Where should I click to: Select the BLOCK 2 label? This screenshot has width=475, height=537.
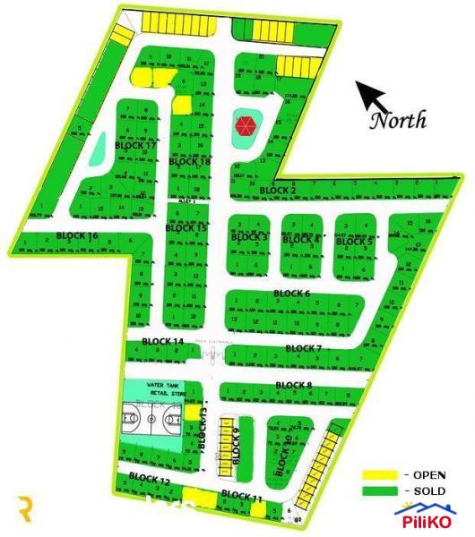(278, 191)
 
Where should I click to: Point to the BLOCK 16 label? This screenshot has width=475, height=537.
(77, 235)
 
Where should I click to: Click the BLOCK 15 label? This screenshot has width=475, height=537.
(186, 228)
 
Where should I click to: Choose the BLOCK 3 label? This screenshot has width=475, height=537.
(250, 237)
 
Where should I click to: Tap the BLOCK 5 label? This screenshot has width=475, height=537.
(354, 241)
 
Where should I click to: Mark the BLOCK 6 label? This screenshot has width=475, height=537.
(291, 294)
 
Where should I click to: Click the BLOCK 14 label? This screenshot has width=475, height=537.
(162, 342)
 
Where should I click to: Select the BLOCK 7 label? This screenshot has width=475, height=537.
(304, 348)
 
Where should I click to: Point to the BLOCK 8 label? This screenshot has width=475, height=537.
(294, 386)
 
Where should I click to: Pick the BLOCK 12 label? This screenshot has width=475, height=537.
(150, 481)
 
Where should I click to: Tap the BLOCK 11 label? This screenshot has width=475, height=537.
(241, 496)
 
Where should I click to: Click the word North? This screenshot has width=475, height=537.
(399, 120)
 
